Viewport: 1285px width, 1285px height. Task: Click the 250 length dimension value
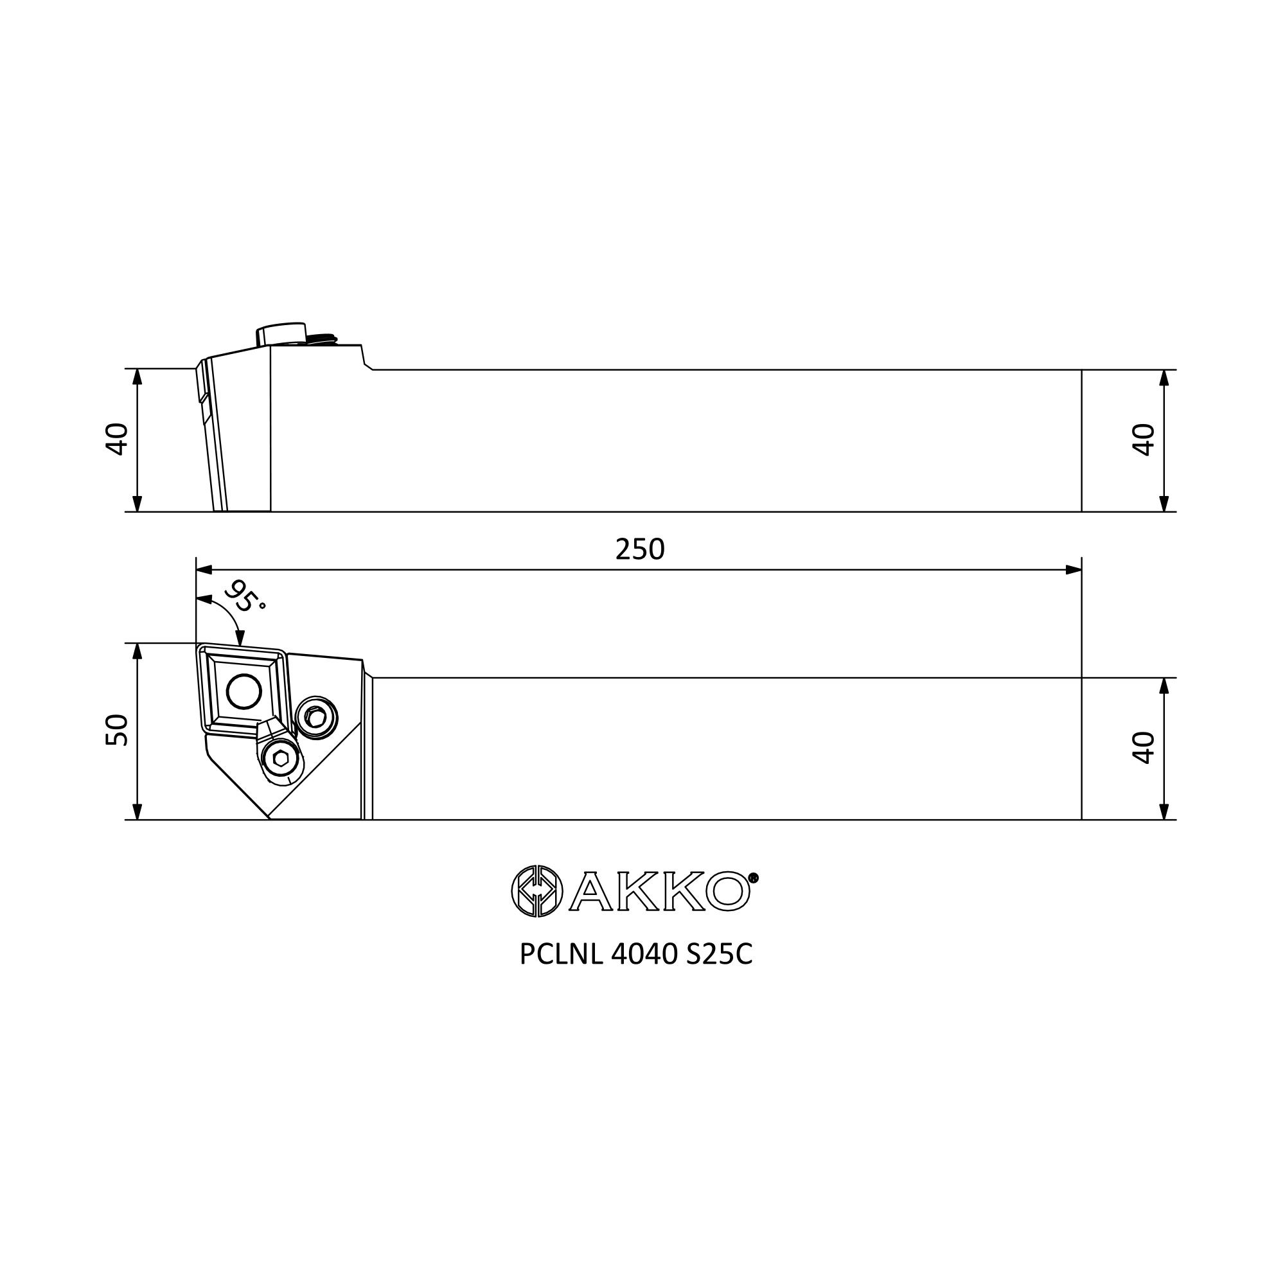pos(640,549)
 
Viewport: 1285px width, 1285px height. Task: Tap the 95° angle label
pos(244,597)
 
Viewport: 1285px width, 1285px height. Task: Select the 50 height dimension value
pos(116,730)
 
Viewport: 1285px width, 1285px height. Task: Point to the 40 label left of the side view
pos(116,439)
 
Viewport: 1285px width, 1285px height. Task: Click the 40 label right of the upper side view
pos(1144,439)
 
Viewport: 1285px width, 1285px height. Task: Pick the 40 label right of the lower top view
pos(1144,748)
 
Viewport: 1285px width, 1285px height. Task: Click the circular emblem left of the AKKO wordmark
pos(536,891)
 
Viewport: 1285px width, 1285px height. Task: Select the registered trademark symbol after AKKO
pos(753,878)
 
